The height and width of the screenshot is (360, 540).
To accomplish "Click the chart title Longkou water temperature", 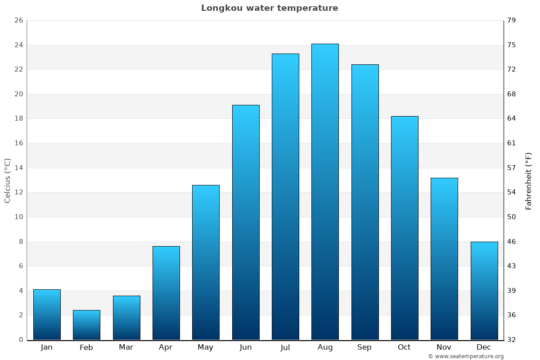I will (270, 8).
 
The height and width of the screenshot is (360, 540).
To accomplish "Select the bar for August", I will (325, 192).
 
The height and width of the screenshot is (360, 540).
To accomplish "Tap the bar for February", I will (86, 325).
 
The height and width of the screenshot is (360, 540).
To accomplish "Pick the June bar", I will (246, 222).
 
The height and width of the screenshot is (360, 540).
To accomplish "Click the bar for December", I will (484, 291).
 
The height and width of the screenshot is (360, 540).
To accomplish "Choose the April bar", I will (166, 293).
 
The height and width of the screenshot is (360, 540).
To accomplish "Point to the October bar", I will (405, 228).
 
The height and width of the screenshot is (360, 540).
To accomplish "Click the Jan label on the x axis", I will (47, 347).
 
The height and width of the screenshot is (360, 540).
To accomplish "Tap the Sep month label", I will (364, 347).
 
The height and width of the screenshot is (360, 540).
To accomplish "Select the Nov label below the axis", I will (444, 347).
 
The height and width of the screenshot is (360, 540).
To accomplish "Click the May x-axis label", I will (206, 347).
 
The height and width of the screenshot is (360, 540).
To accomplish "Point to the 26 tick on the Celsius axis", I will (19, 20).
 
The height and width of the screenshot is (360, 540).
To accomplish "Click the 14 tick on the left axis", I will (19, 168).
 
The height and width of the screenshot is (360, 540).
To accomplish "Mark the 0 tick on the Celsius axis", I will (21, 340).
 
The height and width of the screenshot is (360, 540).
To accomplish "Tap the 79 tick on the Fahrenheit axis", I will (512, 20).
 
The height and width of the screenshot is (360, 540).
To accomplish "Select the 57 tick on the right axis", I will (512, 168).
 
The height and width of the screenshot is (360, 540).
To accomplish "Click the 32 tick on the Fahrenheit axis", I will (512, 340).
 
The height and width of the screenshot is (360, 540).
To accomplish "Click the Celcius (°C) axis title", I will (8, 180).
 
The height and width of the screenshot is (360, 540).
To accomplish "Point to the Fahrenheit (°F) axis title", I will (529, 181).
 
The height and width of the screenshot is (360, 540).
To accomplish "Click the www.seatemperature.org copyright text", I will (466, 356).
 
